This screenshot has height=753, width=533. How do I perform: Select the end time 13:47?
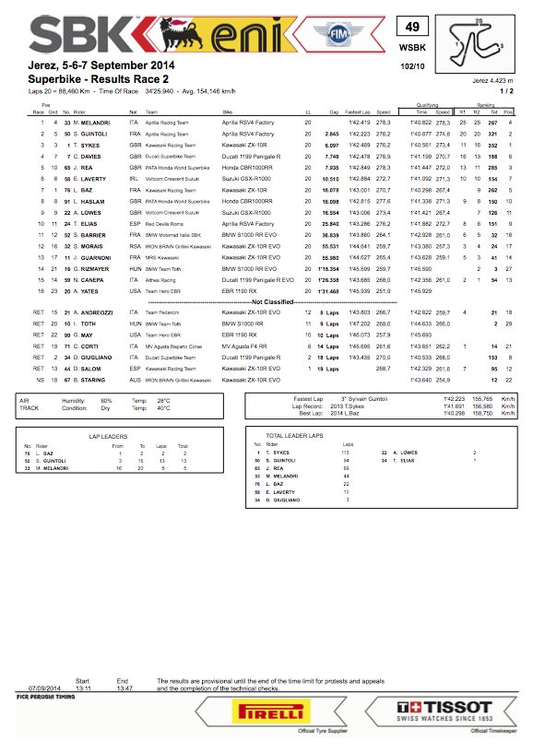pos(123,688)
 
